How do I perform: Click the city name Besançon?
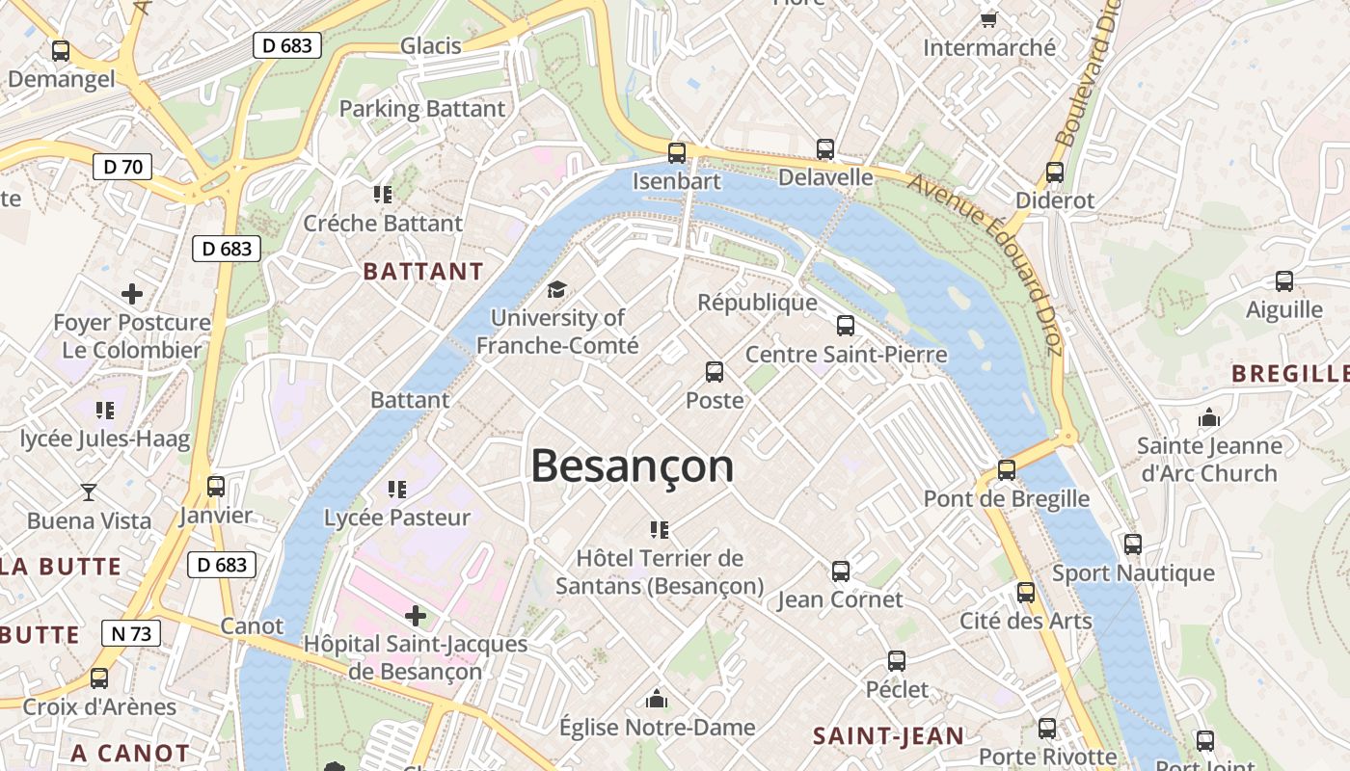click(x=632, y=466)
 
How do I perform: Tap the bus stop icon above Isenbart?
click(x=677, y=152)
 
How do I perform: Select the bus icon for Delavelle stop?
click(x=825, y=148)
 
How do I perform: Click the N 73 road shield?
click(x=130, y=633)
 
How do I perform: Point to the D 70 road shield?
click(x=122, y=167)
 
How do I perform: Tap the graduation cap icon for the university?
click(x=556, y=289)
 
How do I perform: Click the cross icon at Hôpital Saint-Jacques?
click(x=416, y=615)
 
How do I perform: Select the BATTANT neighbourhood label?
click(x=422, y=272)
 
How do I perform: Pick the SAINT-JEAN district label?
click(x=888, y=736)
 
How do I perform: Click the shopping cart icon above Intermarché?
click(x=988, y=19)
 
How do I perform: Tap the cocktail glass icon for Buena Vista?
click(x=89, y=492)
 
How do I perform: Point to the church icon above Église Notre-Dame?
click(x=657, y=698)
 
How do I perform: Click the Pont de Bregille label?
click(x=1006, y=498)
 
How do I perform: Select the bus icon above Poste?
click(x=715, y=371)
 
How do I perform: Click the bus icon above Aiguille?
click(x=1284, y=281)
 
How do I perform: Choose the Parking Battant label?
click(x=421, y=109)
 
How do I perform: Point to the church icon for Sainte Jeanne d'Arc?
click(x=1208, y=418)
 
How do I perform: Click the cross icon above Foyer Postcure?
click(x=132, y=294)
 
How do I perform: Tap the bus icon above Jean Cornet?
click(x=841, y=571)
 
